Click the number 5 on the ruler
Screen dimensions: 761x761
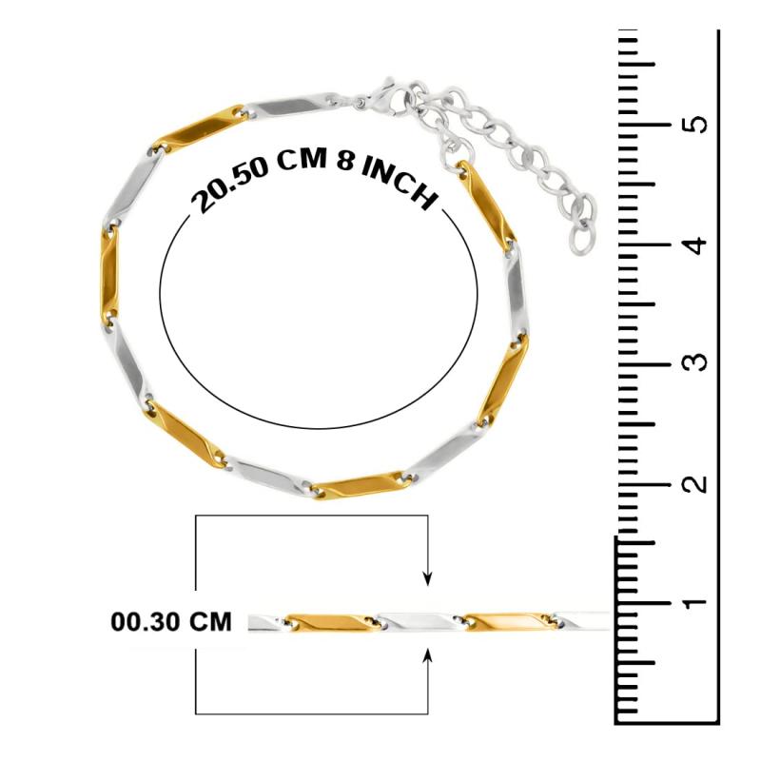click(698, 125)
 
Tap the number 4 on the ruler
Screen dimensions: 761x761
click(698, 244)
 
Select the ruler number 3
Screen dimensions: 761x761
click(698, 362)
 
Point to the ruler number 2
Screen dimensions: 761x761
click(698, 483)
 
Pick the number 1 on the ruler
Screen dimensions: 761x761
click(698, 602)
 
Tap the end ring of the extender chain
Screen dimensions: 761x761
click(581, 240)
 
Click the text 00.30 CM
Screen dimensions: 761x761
click(171, 622)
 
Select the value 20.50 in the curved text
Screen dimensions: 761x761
click(229, 183)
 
